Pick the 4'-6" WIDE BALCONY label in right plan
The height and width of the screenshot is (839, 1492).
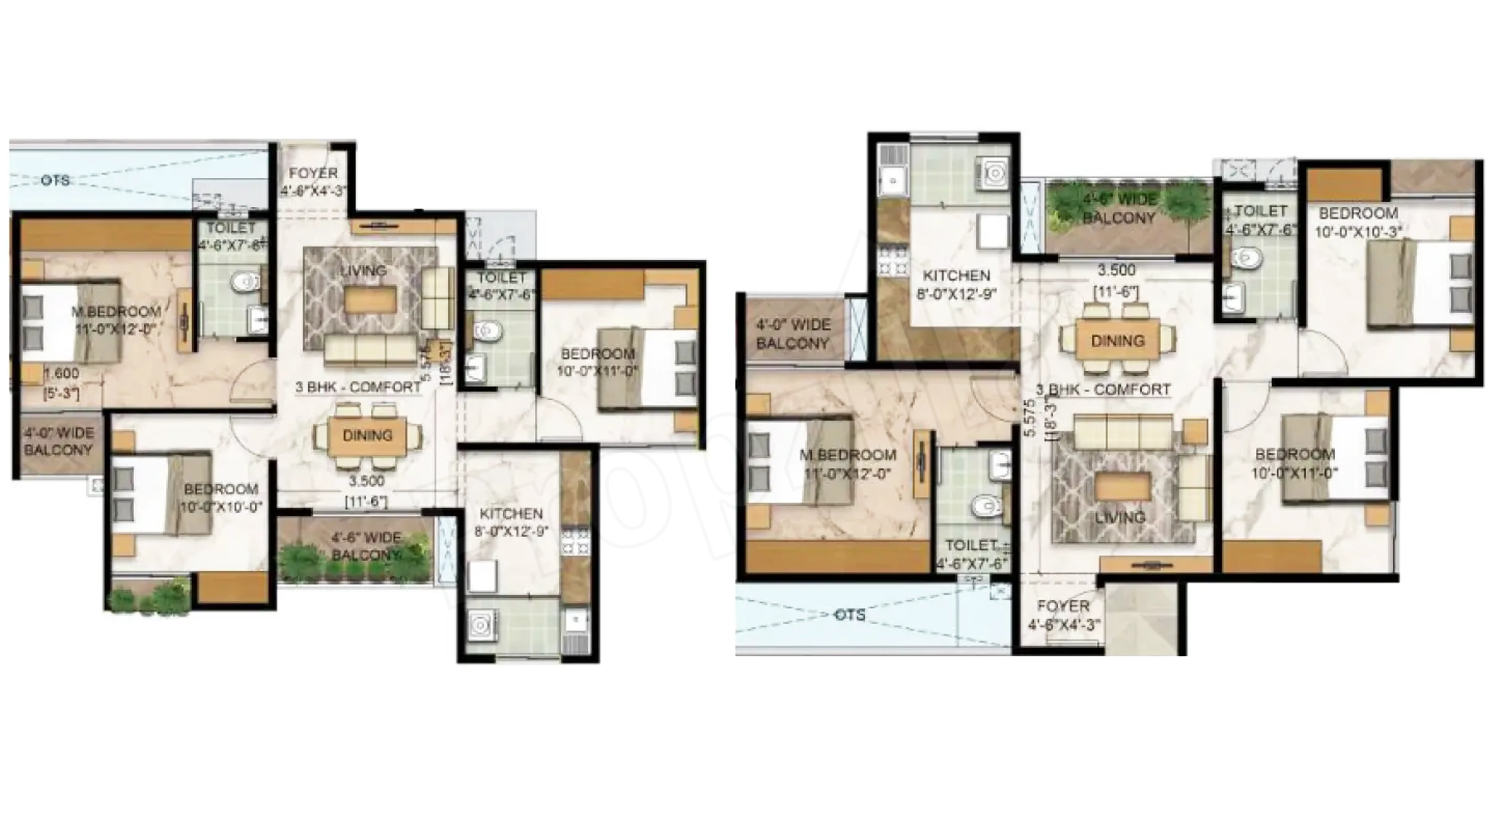pos(1119,208)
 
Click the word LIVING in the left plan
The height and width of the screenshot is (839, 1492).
pos(363,270)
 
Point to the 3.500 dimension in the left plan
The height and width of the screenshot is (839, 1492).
pos(367,481)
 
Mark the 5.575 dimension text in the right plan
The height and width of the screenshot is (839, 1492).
pos(1029,418)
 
